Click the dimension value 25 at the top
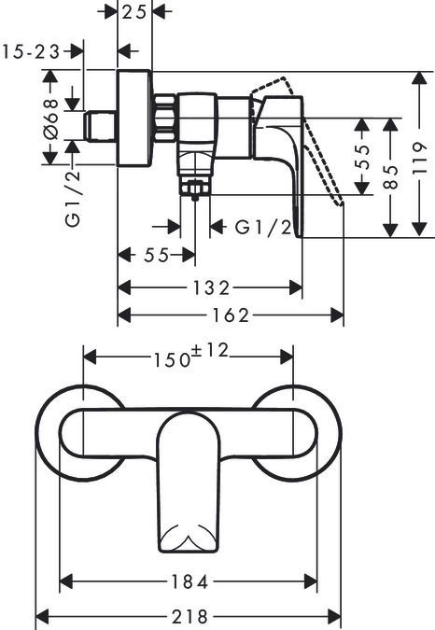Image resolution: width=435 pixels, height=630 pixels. (x=136, y=13)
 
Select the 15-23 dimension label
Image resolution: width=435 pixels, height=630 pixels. (x=32, y=52)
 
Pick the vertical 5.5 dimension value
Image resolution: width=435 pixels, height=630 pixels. (x=363, y=149)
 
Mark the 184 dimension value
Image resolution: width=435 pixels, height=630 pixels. (x=189, y=581)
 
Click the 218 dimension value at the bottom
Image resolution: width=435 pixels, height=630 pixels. (x=189, y=618)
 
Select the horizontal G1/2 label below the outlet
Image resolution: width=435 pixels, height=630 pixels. (x=257, y=228)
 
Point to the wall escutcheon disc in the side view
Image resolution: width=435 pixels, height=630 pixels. (x=134, y=119)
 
